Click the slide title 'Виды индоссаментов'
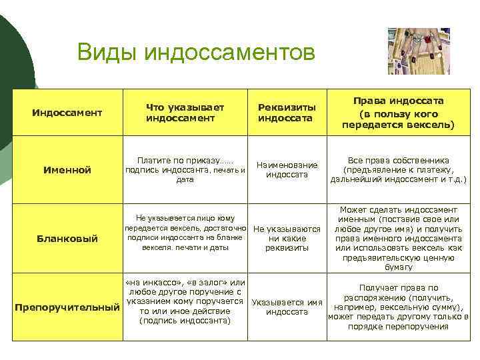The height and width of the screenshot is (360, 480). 195,51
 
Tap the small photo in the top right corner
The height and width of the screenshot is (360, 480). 419,51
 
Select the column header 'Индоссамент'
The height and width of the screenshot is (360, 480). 67,113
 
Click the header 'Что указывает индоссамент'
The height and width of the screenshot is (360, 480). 185,112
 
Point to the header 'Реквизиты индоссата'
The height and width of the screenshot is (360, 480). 287,112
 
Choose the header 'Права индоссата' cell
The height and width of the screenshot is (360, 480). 398,112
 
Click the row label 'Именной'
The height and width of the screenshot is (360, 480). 67,170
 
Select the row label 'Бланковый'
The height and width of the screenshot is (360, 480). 67,238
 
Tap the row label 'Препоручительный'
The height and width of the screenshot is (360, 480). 67,307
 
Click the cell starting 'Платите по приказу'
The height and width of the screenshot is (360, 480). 185,170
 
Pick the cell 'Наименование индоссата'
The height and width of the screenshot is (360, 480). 287,169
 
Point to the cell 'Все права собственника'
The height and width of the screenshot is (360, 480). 398,170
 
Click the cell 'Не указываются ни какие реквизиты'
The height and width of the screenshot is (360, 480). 287,238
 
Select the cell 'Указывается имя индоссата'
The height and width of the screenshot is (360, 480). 287,307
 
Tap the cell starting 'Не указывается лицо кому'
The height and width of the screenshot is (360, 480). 185,233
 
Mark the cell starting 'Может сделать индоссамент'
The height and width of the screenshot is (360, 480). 398,238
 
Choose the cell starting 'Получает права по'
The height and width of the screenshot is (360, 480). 398,307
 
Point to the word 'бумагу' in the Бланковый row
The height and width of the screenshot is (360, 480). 399,267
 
